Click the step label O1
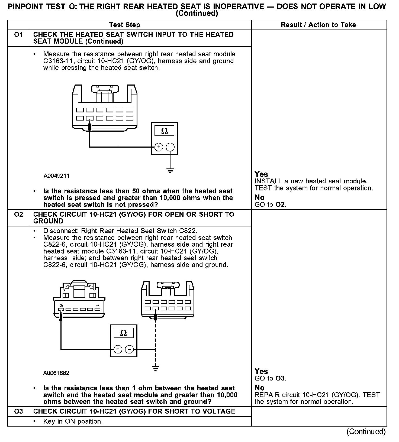pyautogui.click(x=18, y=35)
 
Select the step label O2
pyautogui.click(x=18, y=214)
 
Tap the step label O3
pyautogui.click(x=18, y=411)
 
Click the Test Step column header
pyautogui.click(x=124, y=25)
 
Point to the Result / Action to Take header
pyautogui.click(x=318, y=25)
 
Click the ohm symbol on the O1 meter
pyautogui.click(x=164, y=131)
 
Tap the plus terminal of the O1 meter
pyautogui.click(x=159, y=147)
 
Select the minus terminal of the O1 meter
pyautogui.click(x=170, y=147)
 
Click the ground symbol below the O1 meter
pyautogui.click(x=170, y=171)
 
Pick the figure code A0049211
pyautogui.click(x=56, y=176)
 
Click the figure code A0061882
pyautogui.click(x=56, y=373)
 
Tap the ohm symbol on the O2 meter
pyautogui.click(x=123, y=333)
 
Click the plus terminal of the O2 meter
pyautogui.click(x=118, y=349)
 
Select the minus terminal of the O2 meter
pyautogui.click(x=129, y=349)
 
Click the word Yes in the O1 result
pyautogui.click(x=261, y=174)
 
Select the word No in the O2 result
pyautogui.click(x=259, y=388)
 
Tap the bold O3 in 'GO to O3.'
pyautogui.click(x=280, y=378)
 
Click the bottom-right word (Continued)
pyautogui.click(x=366, y=431)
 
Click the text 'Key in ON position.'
pyautogui.click(x=73, y=421)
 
